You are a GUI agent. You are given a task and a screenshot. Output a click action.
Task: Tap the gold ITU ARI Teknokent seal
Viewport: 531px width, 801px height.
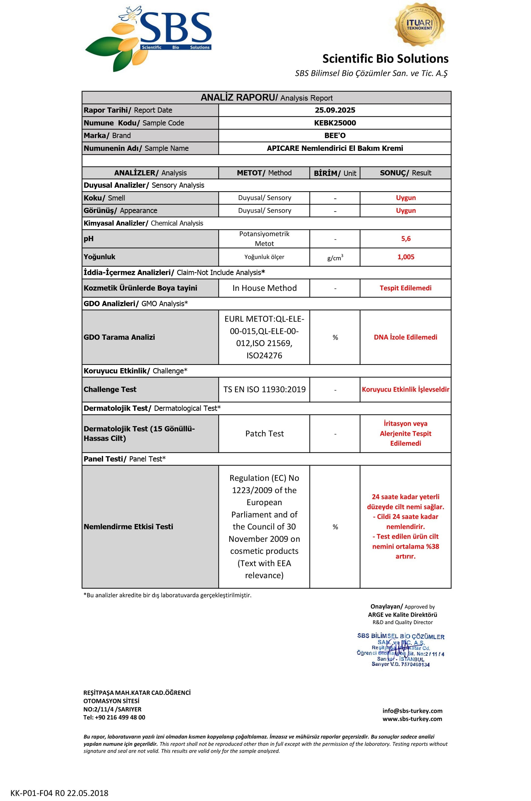point(419,24)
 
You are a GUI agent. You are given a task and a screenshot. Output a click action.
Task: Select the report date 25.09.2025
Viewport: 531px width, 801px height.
point(335,110)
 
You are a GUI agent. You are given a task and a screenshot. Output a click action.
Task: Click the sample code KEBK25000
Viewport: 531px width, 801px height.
point(335,123)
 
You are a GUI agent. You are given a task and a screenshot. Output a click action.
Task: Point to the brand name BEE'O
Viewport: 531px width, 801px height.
point(335,135)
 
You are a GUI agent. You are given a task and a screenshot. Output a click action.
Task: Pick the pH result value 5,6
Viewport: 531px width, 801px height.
point(405,239)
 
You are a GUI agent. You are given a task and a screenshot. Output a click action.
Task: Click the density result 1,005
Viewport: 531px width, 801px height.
point(405,257)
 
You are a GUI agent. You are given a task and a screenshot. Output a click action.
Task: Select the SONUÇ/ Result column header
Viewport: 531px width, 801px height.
point(405,173)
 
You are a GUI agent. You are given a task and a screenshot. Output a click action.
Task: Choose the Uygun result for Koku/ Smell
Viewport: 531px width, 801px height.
point(405,198)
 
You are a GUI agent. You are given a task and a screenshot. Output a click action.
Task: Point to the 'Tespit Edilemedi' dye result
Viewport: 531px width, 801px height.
point(405,288)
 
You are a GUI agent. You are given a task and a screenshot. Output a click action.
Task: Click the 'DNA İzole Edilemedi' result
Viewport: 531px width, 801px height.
point(405,337)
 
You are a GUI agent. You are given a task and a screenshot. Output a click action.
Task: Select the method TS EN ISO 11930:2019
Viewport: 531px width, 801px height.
point(264,390)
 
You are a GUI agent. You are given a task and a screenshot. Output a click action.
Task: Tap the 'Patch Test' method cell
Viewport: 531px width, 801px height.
point(264,433)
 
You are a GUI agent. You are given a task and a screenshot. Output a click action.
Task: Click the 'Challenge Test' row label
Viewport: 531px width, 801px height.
point(110,390)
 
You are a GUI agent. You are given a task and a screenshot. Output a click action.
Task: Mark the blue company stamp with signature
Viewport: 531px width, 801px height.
point(401,650)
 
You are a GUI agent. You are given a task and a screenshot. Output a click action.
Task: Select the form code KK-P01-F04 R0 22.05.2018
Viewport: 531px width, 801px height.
point(59,793)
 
